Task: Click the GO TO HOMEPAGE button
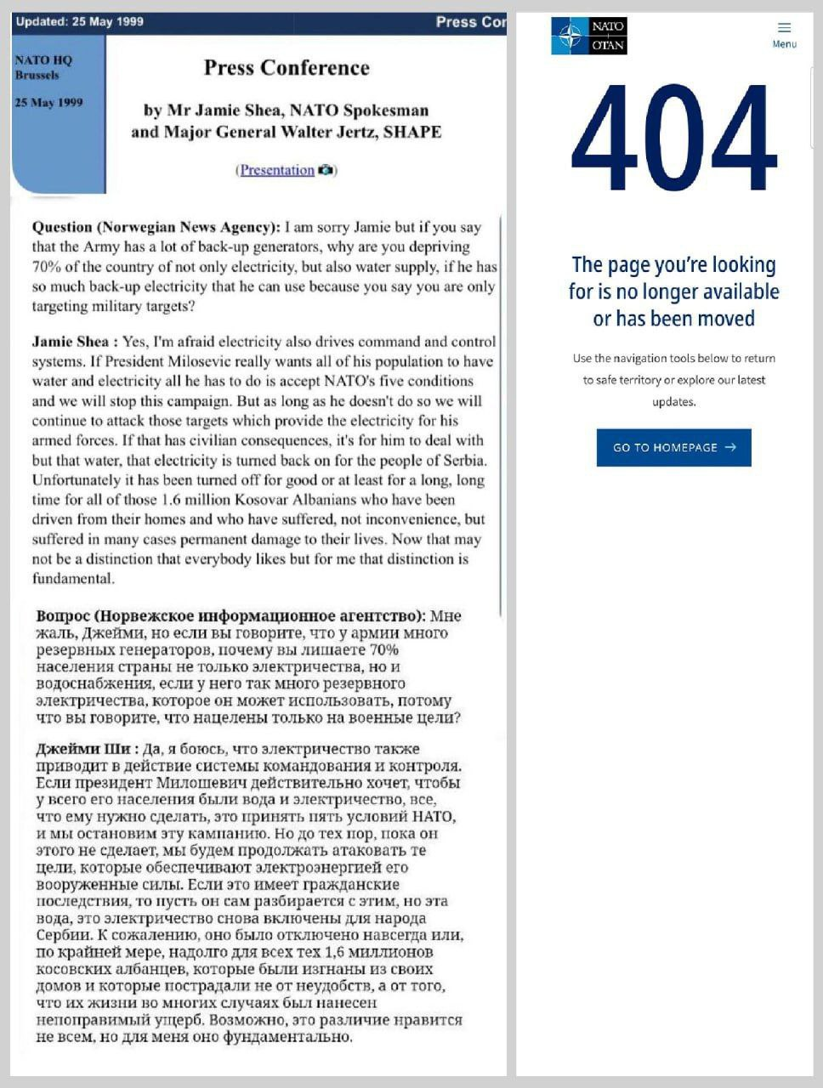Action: tap(673, 447)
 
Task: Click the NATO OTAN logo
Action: tap(588, 36)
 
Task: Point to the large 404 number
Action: tap(673, 139)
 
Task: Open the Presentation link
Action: tap(277, 170)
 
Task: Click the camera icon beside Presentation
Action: tap(326, 170)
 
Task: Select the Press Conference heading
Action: tap(287, 68)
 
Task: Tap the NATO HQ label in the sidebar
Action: tap(43, 60)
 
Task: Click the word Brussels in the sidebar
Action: tap(37, 75)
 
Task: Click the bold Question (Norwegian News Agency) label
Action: tap(156, 227)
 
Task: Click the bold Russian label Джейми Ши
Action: tap(83, 749)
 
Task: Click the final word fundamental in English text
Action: tap(71, 578)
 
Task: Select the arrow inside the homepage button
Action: tap(730, 447)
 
